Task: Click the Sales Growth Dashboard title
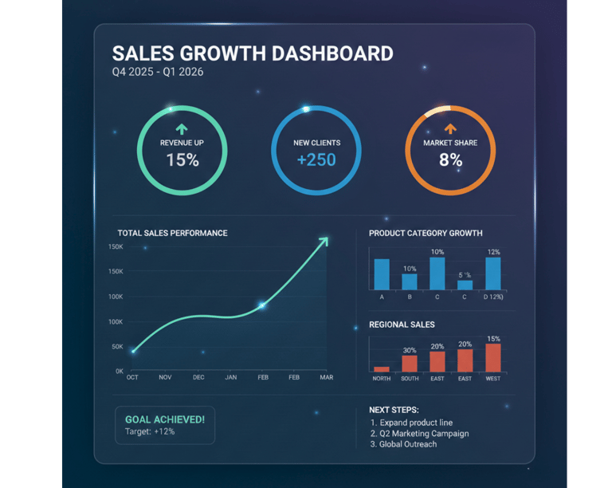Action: [x=252, y=53]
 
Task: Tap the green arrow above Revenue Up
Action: [x=182, y=128]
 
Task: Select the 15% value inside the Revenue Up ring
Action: [x=182, y=159]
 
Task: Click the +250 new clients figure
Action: [x=316, y=159]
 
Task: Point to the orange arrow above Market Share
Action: [x=450, y=128]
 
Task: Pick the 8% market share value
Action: [x=450, y=159]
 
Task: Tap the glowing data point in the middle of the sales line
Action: [x=262, y=305]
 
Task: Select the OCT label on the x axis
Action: [x=132, y=377]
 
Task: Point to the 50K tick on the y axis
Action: [x=116, y=347]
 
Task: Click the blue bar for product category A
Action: [x=382, y=274]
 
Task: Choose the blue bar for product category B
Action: [x=410, y=281]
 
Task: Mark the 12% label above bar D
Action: [x=493, y=252]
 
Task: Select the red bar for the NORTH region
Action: [x=382, y=369]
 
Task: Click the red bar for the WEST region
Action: [x=493, y=357]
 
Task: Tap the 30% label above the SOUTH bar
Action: [x=410, y=350]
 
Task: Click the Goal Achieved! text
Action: [x=165, y=419]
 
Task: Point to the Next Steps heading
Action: [x=394, y=410]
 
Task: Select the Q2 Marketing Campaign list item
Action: [x=419, y=434]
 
